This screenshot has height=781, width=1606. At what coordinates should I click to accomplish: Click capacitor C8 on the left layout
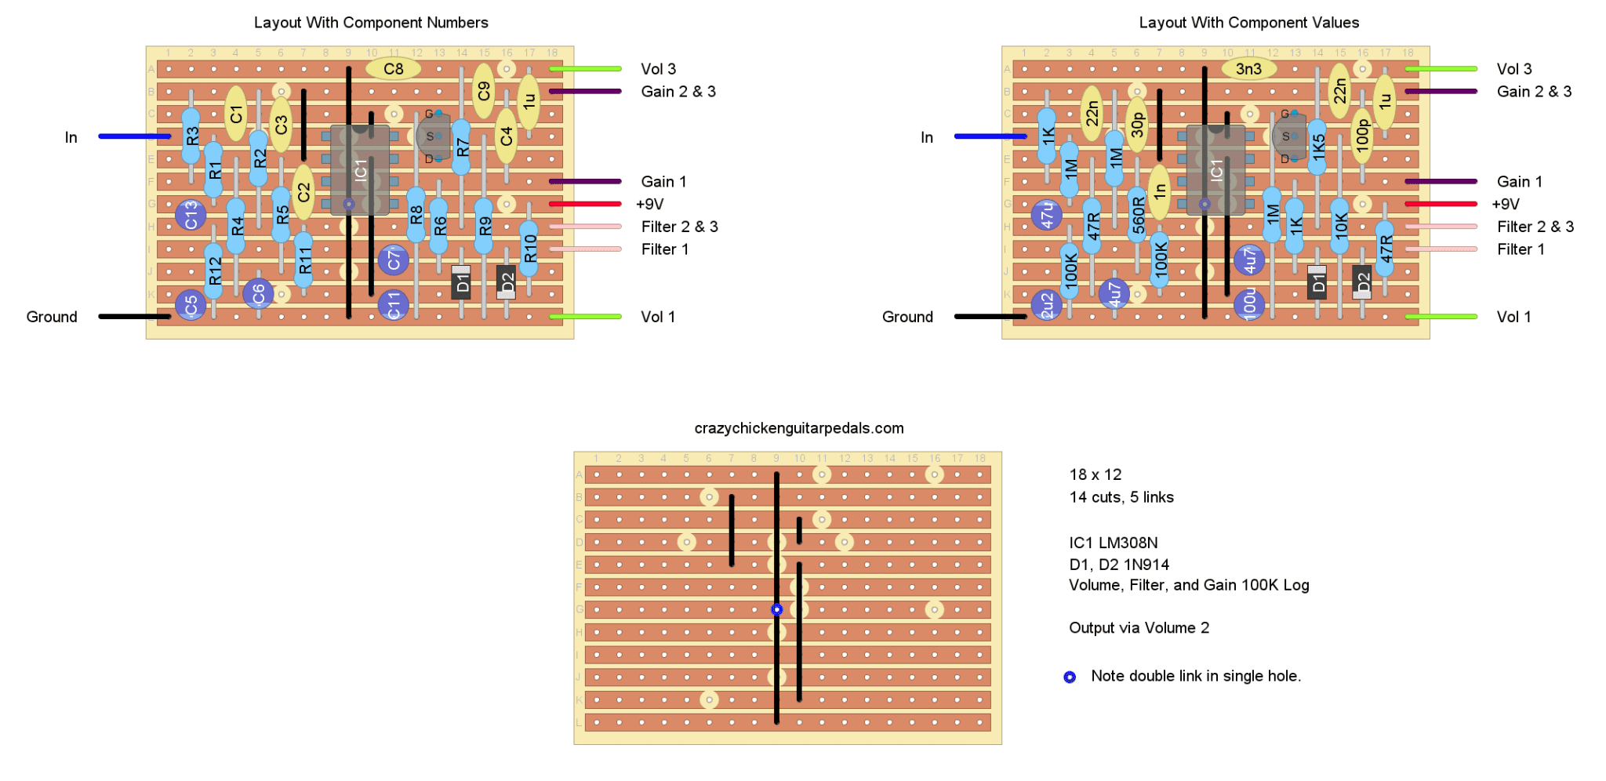click(393, 69)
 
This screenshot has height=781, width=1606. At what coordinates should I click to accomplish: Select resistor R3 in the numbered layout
click(191, 136)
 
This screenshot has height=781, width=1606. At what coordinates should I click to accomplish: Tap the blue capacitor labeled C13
click(191, 215)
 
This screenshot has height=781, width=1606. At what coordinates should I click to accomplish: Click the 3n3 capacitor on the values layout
click(1248, 69)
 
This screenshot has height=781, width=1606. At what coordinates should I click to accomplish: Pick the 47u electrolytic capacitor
click(1047, 215)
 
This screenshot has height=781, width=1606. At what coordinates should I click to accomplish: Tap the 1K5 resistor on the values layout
click(1317, 147)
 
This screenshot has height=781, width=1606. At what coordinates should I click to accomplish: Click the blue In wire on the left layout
click(134, 136)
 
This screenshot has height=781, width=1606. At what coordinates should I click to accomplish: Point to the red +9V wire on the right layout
click(1441, 204)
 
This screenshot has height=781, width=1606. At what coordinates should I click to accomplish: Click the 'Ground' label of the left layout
click(52, 317)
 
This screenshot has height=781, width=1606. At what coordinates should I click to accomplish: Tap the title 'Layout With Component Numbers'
click(371, 23)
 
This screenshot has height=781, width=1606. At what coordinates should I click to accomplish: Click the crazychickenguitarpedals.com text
click(799, 428)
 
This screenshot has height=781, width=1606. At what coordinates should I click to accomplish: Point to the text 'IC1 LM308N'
click(1113, 543)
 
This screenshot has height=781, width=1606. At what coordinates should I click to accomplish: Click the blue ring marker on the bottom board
click(776, 609)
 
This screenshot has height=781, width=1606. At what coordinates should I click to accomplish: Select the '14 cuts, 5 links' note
click(1121, 497)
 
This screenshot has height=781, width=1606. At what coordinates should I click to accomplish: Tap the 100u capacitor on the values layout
click(1249, 304)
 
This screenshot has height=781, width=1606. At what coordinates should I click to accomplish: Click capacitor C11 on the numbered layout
click(394, 304)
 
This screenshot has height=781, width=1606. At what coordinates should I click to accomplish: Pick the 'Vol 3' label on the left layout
click(658, 69)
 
